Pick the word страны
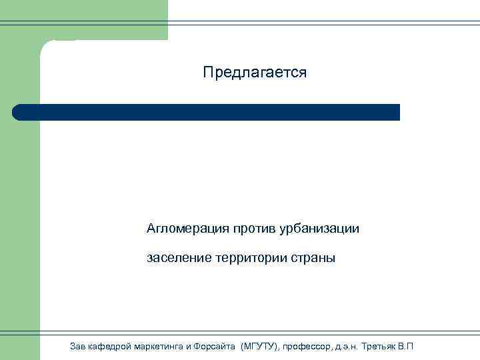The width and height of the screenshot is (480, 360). (x=314, y=257)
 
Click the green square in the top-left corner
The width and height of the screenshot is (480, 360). (x=20, y=20)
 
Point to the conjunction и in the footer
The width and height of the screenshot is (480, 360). (x=188, y=346)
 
